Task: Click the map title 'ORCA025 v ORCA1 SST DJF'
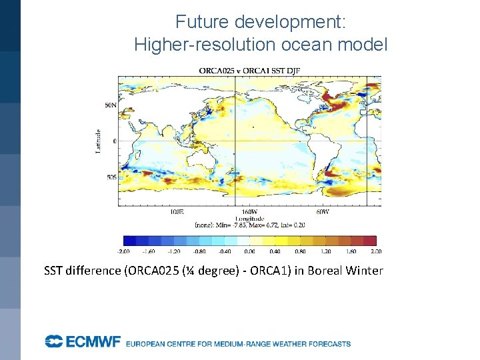pos(248,71)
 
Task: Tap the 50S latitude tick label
pos(111,177)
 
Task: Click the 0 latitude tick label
pos(114,141)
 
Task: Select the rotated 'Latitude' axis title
pos(98,141)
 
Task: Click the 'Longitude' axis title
pos(249,218)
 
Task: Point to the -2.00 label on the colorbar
pos(123,251)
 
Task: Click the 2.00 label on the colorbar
pos(376,251)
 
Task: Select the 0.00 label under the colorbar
pos(249,251)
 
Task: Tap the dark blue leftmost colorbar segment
pos(129,241)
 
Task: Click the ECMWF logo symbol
pos(53,342)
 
